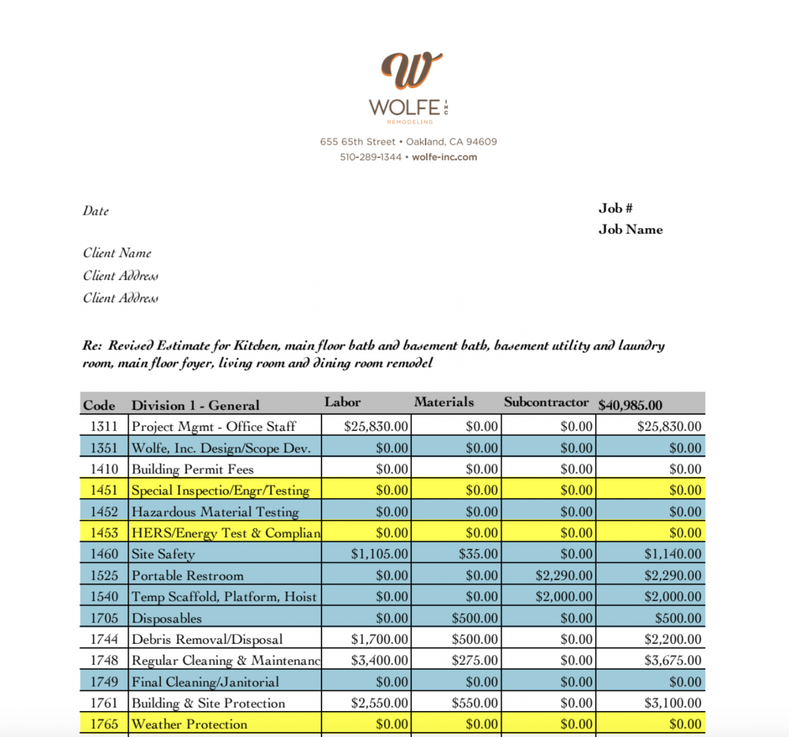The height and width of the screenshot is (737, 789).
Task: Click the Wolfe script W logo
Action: [410, 70]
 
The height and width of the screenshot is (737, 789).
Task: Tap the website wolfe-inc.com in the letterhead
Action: [444, 157]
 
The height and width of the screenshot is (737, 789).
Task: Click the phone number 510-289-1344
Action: [371, 157]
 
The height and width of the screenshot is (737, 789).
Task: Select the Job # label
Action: [615, 208]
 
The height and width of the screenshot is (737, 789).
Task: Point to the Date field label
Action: [96, 211]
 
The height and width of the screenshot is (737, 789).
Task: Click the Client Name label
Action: [117, 253]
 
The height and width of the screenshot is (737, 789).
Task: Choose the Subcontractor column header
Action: [546, 402]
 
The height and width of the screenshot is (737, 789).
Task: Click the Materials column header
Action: [444, 402]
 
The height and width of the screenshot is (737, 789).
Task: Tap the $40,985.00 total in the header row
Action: [630, 405]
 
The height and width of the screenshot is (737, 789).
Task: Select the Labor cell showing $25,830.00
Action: [376, 427]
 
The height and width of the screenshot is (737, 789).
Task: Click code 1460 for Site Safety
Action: [104, 554]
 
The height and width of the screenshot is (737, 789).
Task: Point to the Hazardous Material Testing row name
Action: [215, 512]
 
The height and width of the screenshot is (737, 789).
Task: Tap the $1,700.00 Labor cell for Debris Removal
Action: [379, 639]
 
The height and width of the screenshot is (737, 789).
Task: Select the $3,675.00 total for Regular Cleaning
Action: [673, 660]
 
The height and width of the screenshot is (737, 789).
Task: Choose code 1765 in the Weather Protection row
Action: [104, 724]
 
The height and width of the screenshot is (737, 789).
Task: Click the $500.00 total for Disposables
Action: [678, 618]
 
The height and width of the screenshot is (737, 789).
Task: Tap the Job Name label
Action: [630, 230]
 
